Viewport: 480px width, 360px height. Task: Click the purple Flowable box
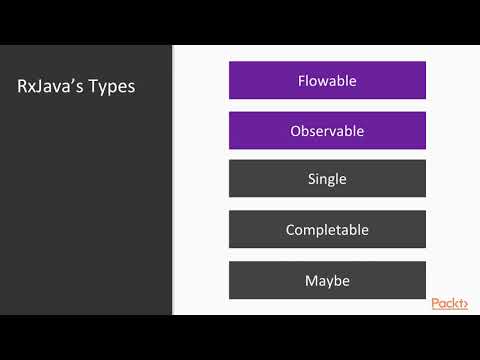pyautogui.click(x=327, y=80)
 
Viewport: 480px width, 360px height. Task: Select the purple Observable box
pyautogui.click(x=327, y=130)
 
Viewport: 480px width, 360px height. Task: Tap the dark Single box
pyautogui.click(x=327, y=180)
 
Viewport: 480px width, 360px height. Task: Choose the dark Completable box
pyautogui.click(x=327, y=230)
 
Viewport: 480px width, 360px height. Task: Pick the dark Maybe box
pyautogui.click(x=327, y=280)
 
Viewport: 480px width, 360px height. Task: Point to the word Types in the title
pyautogui.click(x=113, y=88)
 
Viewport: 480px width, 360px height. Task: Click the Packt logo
pyautogui.click(x=449, y=304)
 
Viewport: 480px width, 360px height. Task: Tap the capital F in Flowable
pyautogui.click(x=302, y=80)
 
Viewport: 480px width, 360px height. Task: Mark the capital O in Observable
pyautogui.click(x=296, y=130)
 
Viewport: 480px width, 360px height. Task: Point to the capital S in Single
pyautogui.click(x=311, y=180)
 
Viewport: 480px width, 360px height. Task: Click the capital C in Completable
pyautogui.click(x=290, y=230)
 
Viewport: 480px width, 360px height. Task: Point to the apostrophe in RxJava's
pyautogui.click(x=80, y=81)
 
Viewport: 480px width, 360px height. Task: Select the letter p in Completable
pyautogui.click(x=321, y=232)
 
